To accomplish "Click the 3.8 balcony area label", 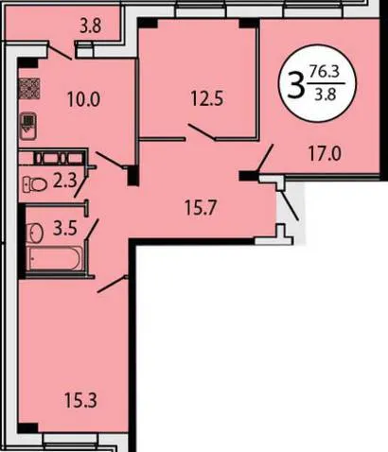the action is click(x=90, y=26).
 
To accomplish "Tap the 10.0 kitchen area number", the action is click(x=83, y=99).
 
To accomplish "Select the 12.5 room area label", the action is click(x=207, y=98).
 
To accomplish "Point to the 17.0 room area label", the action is click(x=325, y=154).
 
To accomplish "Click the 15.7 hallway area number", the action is click(x=201, y=208).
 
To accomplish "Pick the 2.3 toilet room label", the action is click(x=64, y=182).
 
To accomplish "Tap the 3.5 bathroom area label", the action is click(x=65, y=228).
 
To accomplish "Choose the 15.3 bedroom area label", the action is click(x=80, y=400).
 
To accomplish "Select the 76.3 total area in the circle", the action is click(x=325, y=72).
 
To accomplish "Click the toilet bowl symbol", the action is click(x=35, y=184).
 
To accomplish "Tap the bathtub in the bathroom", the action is click(x=55, y=259).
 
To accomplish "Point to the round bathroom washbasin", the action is click(x=35, y=233).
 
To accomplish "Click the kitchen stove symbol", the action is click(x=29, y=89).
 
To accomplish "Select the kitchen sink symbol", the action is click(x=28, y=127).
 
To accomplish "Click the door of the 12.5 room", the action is click(x=202, y=132).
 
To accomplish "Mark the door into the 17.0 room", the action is click(x=265, y=158).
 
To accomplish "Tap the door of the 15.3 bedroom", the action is click(x=112, y=285).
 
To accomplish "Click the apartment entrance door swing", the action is click(x=290, y=205).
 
